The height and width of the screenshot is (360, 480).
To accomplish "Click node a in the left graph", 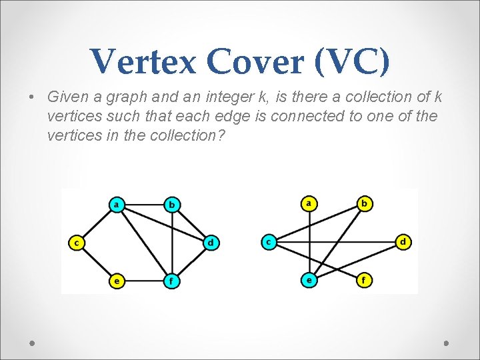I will pyautogui.click(x=117, y=205).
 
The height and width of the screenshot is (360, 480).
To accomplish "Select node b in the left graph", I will pyautogui.click(x=172, y=205).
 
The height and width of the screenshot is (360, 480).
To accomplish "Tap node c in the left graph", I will pyautogui.click(x=77, y=243).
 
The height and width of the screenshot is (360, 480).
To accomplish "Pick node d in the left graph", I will pyautogui.click(x=210, y=243).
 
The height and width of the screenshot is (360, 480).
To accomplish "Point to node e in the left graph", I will pyautogui.click(x=117, y=281).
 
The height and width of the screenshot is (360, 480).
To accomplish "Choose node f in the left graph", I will pyautogui.click(x=172, y=281).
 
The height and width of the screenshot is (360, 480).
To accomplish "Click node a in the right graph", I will pyautogui.click(x=309, y=203).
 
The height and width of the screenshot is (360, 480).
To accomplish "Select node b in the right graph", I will pyautogui.click(x=364, y=203).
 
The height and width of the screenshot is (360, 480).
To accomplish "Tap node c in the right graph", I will pyautogui.click(x=269, y=241).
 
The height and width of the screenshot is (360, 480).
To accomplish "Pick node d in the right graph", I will pyautogui.click(x=403, y=241).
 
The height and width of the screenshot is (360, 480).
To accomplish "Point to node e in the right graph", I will pyautogui.click(x=309, y=280).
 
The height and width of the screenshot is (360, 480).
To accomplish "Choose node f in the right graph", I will pyautogui.click(x=364, y=280).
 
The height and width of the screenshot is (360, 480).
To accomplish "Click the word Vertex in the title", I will pyautogui.click(x=143, y=62).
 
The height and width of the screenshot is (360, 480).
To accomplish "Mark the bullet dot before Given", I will pyautogui.click(x=32, y=97).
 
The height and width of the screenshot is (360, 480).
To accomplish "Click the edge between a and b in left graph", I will pyautogui.click(x=144, y=205).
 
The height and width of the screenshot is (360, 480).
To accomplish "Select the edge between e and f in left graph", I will pyautogui.click(x=144, y=281).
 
